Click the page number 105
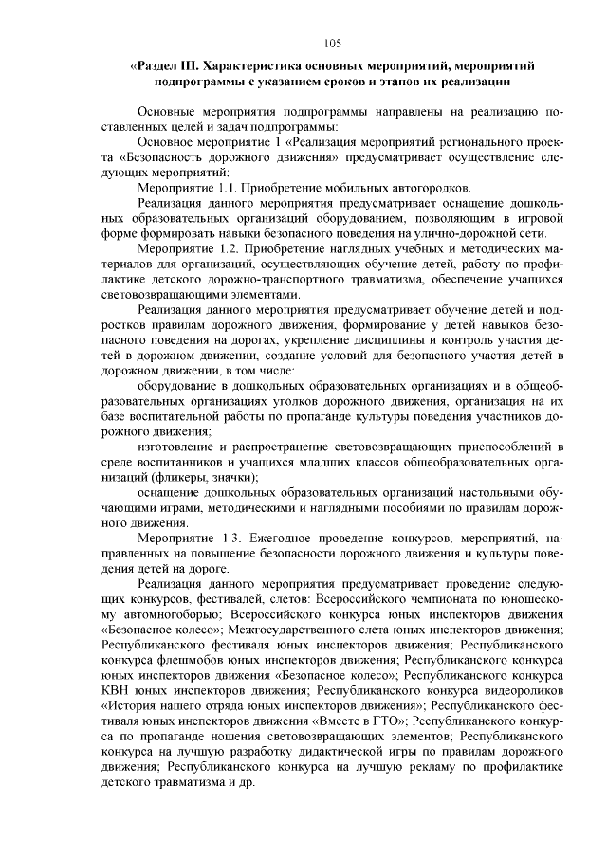tap(332, 43)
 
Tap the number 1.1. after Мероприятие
tap(226, 188)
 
